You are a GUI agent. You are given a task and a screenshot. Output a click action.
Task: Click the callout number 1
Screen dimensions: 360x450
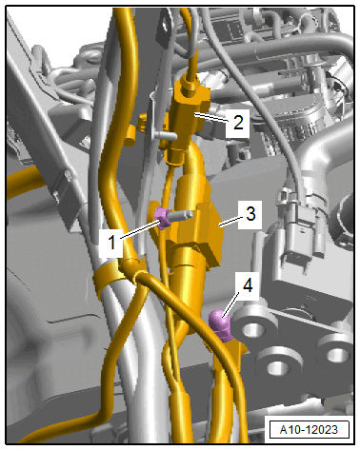[111, 243]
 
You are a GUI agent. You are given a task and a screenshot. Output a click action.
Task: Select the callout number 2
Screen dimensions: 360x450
[238, 122]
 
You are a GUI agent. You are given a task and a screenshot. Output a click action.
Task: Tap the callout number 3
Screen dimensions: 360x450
[250, 214]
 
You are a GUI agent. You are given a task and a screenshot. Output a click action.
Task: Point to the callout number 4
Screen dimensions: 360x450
[248, 285]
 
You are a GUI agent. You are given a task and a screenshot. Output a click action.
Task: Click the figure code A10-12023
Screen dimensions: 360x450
[309, 429]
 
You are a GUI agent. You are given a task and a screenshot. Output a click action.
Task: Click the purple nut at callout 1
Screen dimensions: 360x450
[162, 218]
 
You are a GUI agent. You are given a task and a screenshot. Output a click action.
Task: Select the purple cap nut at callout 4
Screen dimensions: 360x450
[221, 325]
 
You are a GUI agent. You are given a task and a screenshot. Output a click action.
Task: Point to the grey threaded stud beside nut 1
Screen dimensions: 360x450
[181, 215]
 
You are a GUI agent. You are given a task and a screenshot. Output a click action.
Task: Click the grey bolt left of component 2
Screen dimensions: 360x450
[165, 136]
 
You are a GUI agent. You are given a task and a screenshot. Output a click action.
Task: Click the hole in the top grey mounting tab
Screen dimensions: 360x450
[165, 24]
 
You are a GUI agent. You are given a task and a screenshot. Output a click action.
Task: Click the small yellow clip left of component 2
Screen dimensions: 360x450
[130, 135]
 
